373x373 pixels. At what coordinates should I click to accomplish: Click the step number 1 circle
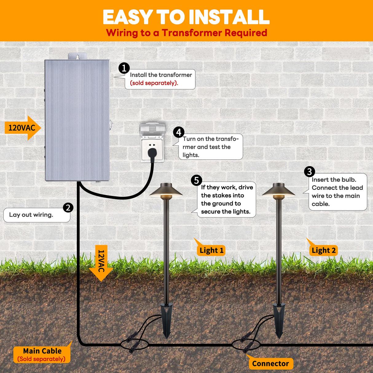pyautogui.click(x=124, y=68)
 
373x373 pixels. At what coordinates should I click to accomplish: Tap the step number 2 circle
pyautogui.click(x=68, y=207)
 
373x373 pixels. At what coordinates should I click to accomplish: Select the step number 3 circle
pyautogui.click(x=309, y=171)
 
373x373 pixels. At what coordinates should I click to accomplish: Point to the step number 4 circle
pyautogui.click(x=179, y=132)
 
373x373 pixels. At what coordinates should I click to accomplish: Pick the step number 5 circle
pyautogui.click(x=196, y=180)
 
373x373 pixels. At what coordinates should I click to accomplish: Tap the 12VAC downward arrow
pyautogui.click(x=101, y=263)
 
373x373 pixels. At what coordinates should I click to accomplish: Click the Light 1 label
pyautogui.click(x=211, y=250)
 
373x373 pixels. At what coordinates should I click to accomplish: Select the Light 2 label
pyautogui.click(x=324, y=250)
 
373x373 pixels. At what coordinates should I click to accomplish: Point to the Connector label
pyautogui.click(x=270, y=364)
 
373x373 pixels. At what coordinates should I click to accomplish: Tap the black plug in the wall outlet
pyautogui.click(x=151, y=152)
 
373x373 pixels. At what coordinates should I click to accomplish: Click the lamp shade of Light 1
pyautogui.click(x=166, y=190)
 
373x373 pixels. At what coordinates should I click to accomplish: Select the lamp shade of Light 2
pyautogui.click(x=278, y=190)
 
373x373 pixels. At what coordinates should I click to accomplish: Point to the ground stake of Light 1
pyautogui.click(x=167, y=320)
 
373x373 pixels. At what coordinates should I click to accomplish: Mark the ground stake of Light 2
pyautogui.click(x=279, y=320)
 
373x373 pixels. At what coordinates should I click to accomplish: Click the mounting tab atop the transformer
pyautogui.click(x=77, y=56)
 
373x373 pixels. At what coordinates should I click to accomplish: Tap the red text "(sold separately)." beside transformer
pyautogui.click(x=154, y=83)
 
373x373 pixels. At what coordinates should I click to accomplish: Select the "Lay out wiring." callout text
pyautogui.click(x=31, y=215)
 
